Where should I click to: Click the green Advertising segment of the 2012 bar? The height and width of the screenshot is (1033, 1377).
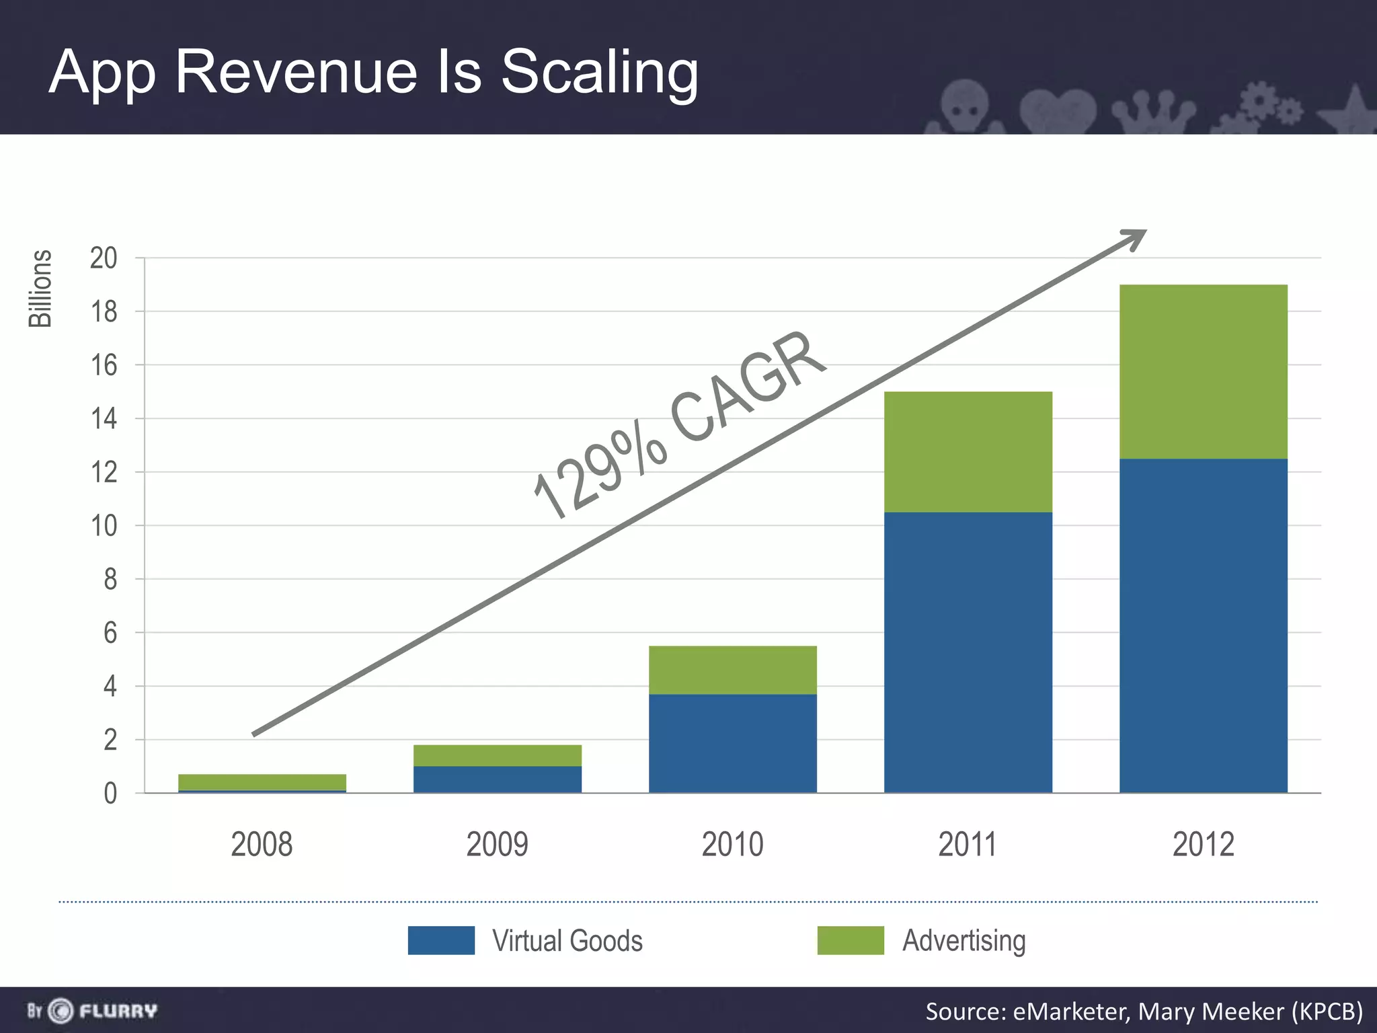[1203, 372]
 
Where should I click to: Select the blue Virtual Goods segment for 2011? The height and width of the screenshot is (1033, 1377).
[968, 652]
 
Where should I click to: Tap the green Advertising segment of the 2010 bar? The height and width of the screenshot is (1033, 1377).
[732, 670]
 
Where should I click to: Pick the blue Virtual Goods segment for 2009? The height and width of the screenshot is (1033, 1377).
[497, 779]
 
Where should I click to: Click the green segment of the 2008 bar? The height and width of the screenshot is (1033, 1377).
[262, 782]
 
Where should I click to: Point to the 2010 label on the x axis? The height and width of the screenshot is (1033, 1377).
[732, 845]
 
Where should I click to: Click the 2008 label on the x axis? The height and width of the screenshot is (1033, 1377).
[262, 845]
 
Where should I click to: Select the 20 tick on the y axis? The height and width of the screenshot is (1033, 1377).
[104, 258]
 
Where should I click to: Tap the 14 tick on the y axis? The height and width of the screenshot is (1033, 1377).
[104, 419]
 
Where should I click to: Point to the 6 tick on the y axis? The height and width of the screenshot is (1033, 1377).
[110, 633]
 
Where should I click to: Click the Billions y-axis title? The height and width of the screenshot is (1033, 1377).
[40, 289]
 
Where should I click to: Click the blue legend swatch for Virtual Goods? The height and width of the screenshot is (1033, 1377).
[441, 940]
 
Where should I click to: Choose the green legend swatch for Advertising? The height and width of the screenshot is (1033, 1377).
[851, 940]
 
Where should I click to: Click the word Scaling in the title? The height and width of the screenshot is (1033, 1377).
[599, 73]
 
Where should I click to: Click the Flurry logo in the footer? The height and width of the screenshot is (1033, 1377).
[92, 1011]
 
